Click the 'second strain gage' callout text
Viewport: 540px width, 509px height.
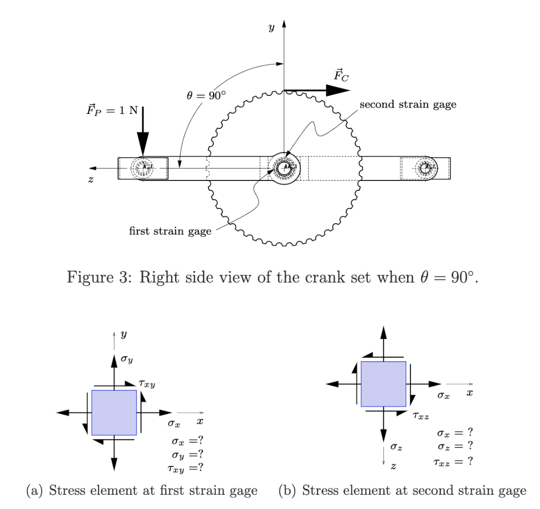coord(408,104)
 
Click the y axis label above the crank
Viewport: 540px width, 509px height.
coord(271,27)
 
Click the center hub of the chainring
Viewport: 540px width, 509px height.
coord(284,168)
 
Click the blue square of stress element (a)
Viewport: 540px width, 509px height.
coord(114,412)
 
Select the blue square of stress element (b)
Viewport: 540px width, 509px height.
coord(383,384)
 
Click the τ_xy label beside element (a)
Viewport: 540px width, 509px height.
coord(146,386)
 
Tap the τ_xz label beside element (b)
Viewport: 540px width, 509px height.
coord(421,416)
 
